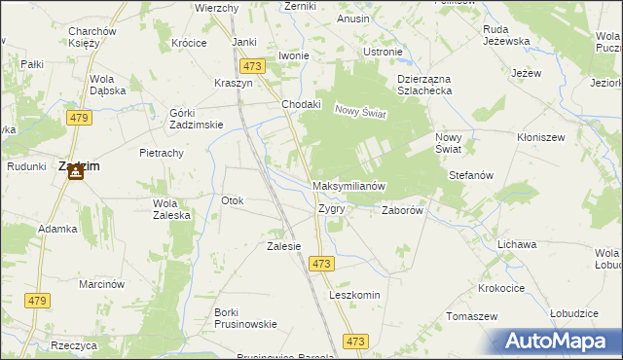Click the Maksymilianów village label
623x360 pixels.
(x=350, y=185)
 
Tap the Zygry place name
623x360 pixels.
(x=331, y=208)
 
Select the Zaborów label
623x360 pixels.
(x=401, y=209)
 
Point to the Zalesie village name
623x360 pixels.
(x=283, y=246)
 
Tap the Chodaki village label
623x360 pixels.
(x=301, y=104)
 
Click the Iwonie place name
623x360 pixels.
(x=293, y=55)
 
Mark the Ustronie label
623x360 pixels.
(x=382, y=52)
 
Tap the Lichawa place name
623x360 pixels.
(x=516, y=244)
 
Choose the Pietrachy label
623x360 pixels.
(x=162, y=154)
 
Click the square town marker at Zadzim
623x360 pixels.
(x=78, y=181)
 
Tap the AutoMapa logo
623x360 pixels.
(x=560, y=342)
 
